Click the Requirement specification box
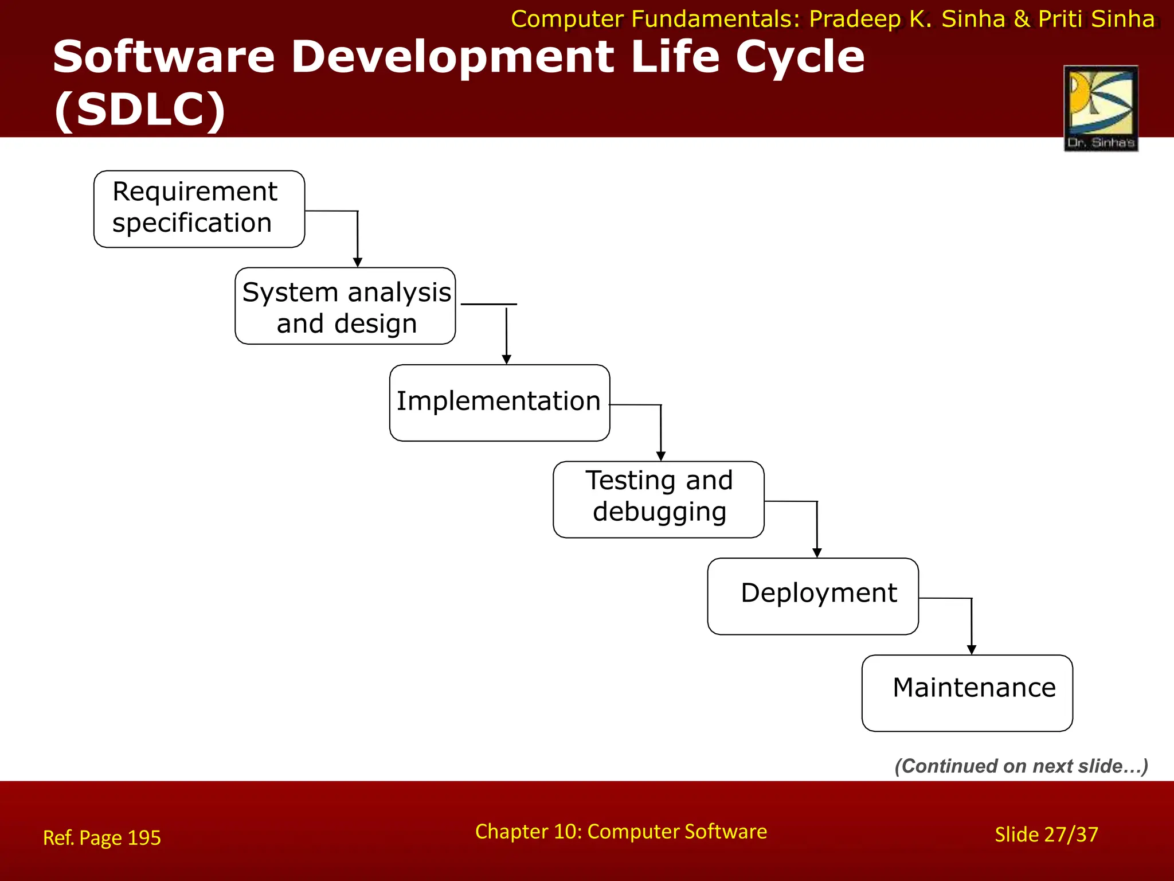pyautogui.click(x=199, y=209)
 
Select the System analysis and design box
pyautogui.click(x=345, y=306)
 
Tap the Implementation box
pyautogui.click(x=499, y=403)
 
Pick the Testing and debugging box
pyautogui.click(x=658, y=500)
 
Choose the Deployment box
pyautogui.click(x=813, y=596)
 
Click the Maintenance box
pyautogui.click(x=967, y=693)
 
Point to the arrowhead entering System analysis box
pyautogui.click(x=358, y=263)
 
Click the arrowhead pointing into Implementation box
pyautogui.click(x=506, y=360)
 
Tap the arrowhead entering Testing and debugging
pyautogui.click(x=661, y=457)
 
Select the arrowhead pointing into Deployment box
pyautogui.click(x=817, y=553)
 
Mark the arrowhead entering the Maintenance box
pyautogui.click(x=972, y=650)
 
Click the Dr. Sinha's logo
pyautogui.click(x=1101, y=108)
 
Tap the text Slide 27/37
pyautogui.click(x=1046, y=835)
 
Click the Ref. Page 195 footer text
pyautogui.click(x=102, y=838)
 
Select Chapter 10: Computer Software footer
pyautogui.click(x=621, y=832)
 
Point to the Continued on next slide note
pyautogui.click(x=1021, y=766)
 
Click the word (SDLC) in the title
pyautogui.click(x=140, y=109)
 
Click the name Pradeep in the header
pyautogui.click(x=855, y=20)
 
